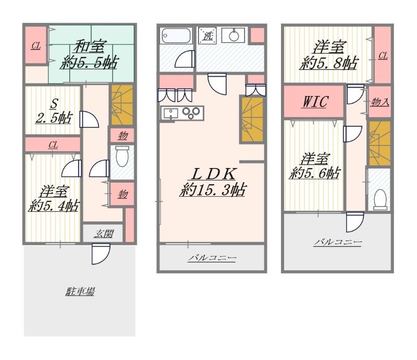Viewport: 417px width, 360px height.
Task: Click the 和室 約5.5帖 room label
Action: [89, 55]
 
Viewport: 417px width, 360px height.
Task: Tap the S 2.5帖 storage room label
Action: [54, 111]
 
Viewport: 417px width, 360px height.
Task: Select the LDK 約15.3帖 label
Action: [213, 183]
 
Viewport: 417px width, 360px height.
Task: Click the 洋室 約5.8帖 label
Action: [329, 55]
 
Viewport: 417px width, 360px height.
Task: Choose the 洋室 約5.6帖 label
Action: [315, 166]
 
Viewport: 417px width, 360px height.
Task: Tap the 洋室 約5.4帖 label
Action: [54, 199]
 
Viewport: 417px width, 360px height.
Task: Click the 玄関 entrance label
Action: [103, 234]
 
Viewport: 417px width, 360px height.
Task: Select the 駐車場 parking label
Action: [80, 291]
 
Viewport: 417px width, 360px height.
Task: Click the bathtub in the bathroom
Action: [176, 35]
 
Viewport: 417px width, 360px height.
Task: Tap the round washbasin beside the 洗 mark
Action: [234, 35]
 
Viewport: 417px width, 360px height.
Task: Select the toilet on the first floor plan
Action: [122, 157]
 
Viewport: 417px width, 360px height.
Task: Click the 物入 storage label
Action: [380, 102]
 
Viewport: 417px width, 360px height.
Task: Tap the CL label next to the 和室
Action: [36, 46]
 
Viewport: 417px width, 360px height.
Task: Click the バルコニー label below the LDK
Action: [212, 258]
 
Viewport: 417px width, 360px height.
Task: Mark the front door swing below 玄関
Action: [101, 254]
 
